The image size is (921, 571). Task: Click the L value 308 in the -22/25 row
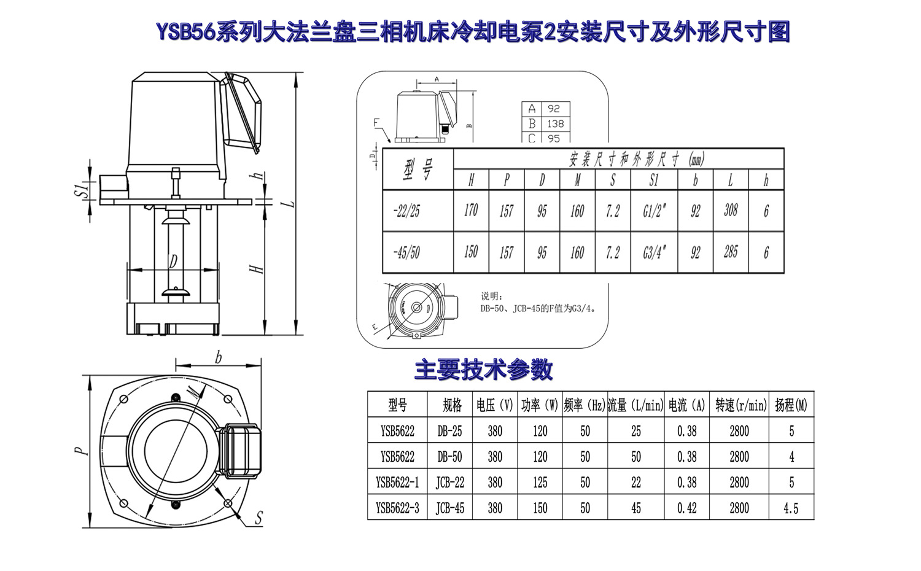[731, 211]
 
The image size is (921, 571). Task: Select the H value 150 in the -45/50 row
[471, 252]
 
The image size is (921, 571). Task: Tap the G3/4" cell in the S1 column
[654, 252]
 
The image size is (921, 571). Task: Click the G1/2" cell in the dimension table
[654, 211]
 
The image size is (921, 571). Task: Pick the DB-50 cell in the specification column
[449, 457]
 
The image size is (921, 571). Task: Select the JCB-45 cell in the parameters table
[449, 508]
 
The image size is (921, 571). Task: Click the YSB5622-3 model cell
[397, 508]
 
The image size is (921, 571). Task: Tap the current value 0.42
[686, 508]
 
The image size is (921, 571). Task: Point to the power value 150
[540, 508]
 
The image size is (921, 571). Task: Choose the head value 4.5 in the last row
[791, 508]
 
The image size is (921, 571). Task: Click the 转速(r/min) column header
[740, 405]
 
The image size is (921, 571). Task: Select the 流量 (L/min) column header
[635, 405]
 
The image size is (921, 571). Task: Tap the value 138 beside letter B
[555, 123]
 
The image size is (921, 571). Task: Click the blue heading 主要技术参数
[483, 370]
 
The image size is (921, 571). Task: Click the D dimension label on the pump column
[173, 262]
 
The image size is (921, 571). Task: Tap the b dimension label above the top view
[218, 357]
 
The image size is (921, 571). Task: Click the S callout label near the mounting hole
[258, 518]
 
